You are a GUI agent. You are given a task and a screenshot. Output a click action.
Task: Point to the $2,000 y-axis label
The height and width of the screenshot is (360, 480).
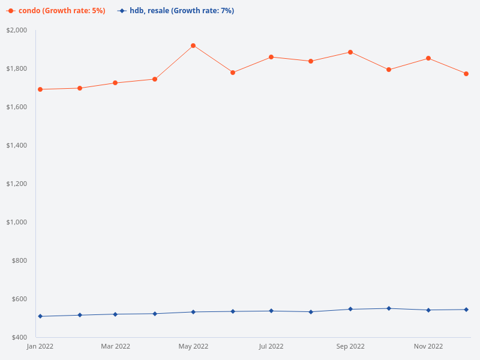(x=17, y=30)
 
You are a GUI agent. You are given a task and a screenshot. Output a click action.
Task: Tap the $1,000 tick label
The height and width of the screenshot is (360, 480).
(x=17, y=222)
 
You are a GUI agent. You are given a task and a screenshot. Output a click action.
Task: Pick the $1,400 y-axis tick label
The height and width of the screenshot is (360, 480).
(x=17, y=145)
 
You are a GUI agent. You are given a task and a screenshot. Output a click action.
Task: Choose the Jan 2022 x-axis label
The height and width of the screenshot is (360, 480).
(x=40, y=346)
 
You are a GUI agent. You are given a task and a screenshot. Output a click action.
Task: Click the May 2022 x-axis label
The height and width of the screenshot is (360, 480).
(x=193, y=346)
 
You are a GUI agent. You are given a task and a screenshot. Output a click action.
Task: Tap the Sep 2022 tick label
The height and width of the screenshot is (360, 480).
(x=350, y=346)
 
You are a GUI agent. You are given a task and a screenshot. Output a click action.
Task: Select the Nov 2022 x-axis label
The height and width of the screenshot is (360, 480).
(x=428, y=346)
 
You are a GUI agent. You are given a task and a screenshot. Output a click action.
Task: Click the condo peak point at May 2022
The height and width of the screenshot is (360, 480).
(x=193, y=46)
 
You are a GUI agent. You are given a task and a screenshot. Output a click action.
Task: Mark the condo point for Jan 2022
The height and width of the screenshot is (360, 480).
(x=40, y=89)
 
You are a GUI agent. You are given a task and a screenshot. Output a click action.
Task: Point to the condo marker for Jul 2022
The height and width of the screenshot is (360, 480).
(x=271, y=57)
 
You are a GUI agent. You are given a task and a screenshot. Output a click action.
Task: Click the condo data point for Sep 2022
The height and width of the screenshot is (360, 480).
(x=350, y=52)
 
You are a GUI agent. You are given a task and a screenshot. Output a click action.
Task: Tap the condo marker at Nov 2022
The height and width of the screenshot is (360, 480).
(x=428, y=58)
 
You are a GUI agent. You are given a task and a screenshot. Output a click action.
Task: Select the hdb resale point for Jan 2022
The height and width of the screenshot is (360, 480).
(x=40, y=316)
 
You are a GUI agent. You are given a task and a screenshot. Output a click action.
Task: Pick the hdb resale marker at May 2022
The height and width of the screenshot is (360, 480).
(x=193, y=312)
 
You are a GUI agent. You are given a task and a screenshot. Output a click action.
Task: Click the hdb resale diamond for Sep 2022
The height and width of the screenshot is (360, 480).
(x=350, y=309)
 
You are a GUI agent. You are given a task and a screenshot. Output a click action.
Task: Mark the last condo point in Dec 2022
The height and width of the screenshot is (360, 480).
(x=466, y=74)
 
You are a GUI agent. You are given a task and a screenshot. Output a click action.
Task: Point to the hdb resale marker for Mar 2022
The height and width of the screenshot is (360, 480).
(x=115, y=314)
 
